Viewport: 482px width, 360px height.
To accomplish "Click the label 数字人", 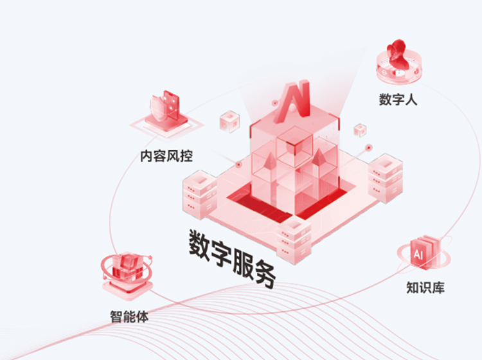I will (398, 100).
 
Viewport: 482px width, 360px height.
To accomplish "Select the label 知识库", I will (425, 287).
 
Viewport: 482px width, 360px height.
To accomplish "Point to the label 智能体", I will (129, 316).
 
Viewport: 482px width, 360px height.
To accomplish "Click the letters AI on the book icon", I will (418, 255).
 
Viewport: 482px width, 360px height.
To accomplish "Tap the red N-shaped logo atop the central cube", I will (294, 101).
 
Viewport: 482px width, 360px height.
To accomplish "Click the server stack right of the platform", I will (385, 175).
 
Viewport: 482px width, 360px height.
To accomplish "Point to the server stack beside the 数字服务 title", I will (294, 240).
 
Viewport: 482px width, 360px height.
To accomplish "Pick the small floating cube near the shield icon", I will (229, 122).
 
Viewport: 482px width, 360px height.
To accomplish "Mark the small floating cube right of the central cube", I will (361, 130).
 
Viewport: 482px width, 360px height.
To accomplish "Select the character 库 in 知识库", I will (438, 287).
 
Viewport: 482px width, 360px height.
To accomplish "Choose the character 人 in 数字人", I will (411, 100).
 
